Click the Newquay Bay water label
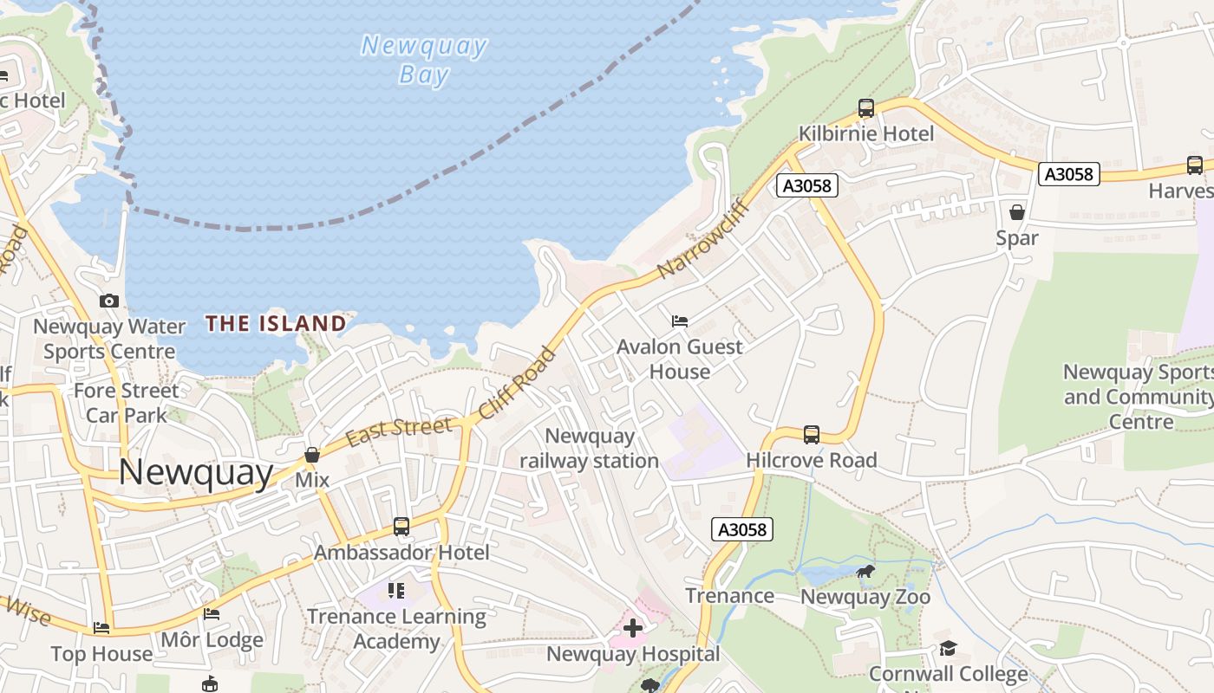click(423, 59)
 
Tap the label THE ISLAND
click(276, 324)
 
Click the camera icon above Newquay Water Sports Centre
click(109, 301)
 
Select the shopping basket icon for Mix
click(312, 455)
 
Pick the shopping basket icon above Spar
click(1017, 212)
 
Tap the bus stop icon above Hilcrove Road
click(812, 434)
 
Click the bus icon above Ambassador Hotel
click(401, 526)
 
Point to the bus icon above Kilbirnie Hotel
click(865, 108)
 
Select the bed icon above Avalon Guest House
click(680, 321)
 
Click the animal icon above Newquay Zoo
click(865, 571)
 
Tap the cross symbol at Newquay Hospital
click(633, 628)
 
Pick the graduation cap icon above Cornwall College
click(948, 648)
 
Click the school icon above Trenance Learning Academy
click(396, 591)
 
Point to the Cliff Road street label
click(517, 383)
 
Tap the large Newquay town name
click(196, 472)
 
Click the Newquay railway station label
click(590, 449)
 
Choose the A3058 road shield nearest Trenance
click(742, 529)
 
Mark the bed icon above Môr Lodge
click(212, 614)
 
